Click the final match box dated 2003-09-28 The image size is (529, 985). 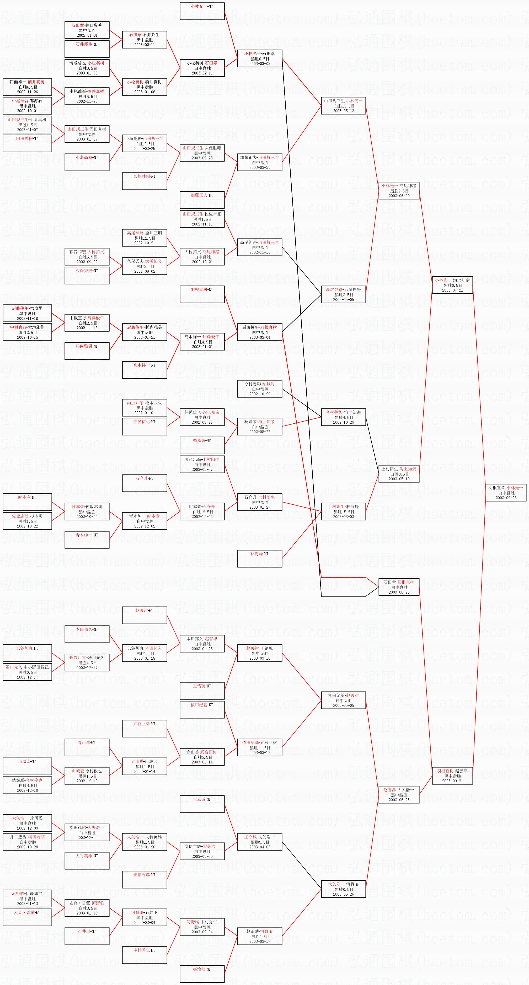506,492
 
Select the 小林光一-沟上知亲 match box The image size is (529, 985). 452,285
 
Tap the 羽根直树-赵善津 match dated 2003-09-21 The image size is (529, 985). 452,776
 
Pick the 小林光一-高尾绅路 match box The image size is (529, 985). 399,190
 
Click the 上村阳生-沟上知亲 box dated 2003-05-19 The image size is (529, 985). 399,474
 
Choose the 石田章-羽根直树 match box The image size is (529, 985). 399,587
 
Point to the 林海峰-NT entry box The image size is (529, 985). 259,559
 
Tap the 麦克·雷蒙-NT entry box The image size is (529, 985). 27,917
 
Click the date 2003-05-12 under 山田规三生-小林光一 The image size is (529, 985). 343,111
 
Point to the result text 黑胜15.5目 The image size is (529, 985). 343,512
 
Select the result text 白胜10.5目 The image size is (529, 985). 343,106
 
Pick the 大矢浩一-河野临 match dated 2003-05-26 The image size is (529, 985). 343,889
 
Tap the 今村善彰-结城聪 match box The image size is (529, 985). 259,389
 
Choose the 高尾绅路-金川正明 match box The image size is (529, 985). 145,238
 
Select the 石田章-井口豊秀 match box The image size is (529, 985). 87,30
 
